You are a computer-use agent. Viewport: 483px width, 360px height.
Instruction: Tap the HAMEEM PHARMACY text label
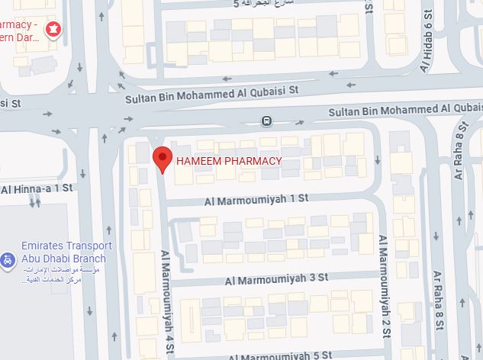coord(229,161)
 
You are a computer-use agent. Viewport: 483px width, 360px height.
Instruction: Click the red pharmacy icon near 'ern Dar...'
coord(54,30)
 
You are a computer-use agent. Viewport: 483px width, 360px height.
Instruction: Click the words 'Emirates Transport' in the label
coord(66,246)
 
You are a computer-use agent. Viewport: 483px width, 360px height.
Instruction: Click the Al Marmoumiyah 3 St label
coord(276,280)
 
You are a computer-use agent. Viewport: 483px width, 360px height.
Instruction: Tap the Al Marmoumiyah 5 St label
coord(280,355)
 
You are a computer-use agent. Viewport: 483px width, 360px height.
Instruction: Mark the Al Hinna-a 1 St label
coord(36,188)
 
